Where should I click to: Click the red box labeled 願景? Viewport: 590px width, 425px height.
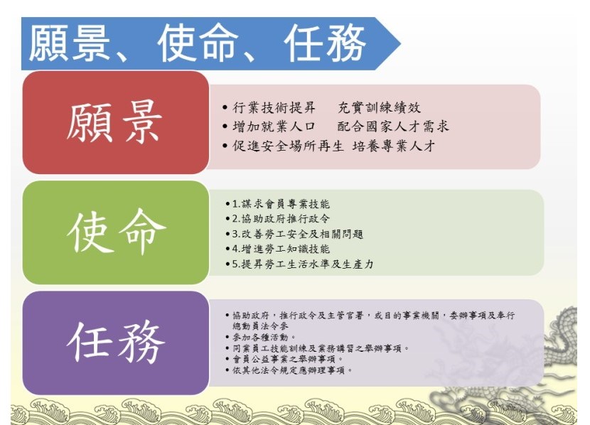click(116, 122)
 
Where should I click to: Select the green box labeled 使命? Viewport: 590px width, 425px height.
click(116, 232)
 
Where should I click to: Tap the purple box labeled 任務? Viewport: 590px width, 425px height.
click(116, 343)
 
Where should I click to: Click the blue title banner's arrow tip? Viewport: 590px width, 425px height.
click(400, 43)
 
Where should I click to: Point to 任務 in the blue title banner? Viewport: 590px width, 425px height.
click(325, 43)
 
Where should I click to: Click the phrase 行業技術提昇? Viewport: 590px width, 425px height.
click(274, 107)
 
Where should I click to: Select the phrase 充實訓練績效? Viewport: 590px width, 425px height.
click(379, 107)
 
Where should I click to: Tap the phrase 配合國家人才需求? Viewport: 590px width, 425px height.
click(393, 127)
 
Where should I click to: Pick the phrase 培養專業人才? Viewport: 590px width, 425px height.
click(394, 146)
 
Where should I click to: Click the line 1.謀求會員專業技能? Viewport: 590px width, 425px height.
click(281, 204)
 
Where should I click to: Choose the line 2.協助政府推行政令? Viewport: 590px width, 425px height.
click(281, 218)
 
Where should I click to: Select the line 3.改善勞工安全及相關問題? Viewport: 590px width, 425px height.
click(298, 234)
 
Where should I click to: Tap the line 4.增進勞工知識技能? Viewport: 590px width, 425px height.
click(281, 249)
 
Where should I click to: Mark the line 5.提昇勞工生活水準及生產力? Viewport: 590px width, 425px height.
click(303, 264)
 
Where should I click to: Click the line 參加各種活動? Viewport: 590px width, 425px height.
click(264, 337)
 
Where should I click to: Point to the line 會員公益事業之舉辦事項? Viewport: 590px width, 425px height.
click(287, 359)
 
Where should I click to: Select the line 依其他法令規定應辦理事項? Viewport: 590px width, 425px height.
click(292, 370)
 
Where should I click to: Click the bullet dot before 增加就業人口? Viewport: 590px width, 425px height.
click(225, 127)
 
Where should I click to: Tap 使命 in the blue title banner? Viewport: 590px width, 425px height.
click(198, 43)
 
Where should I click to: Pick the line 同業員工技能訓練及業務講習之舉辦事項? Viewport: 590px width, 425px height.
click(321, 348)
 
